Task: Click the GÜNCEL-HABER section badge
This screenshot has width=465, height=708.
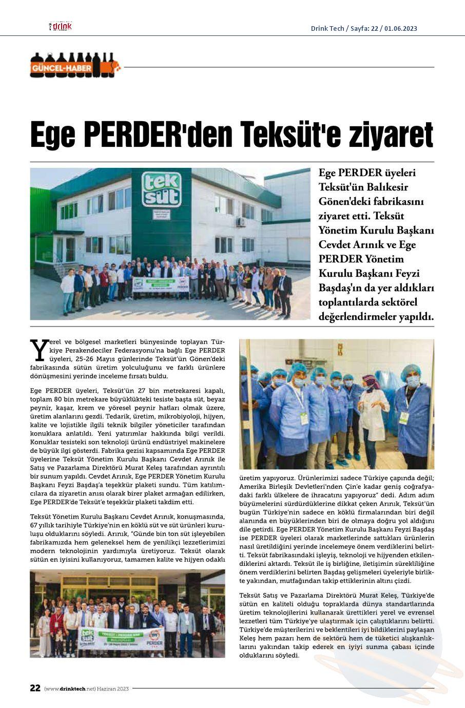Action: (62, 68)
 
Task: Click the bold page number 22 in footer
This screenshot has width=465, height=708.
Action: (35, 688)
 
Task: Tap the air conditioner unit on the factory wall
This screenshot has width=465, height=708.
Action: (240, 222)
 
